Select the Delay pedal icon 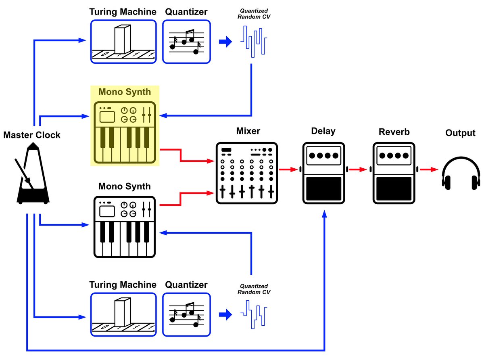323,172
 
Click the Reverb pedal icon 393,172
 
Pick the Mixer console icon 247,173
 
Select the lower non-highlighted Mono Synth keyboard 124,227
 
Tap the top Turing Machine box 123,42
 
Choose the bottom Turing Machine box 123,314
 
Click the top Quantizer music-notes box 186,42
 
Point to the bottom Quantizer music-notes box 186,314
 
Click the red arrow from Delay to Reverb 358,170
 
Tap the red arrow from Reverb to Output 429,170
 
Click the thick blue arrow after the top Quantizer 225,42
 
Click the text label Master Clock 32,135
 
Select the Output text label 460,133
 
